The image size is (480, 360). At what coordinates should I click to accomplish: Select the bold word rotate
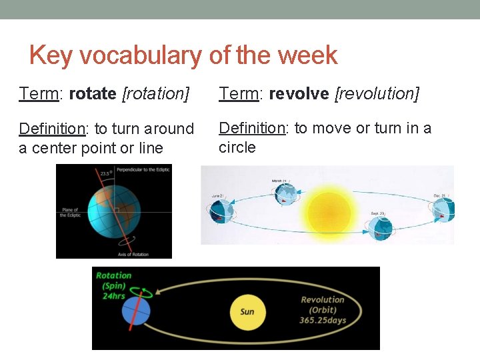click(x=93, y=94)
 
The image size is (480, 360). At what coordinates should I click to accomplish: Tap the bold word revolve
click(x=298, y=94)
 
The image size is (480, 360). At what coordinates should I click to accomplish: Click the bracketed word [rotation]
click(x=156, y=94)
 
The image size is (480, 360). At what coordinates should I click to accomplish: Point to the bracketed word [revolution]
click(x=377, y=94)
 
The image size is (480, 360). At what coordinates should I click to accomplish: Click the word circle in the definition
click(x=237, y=147)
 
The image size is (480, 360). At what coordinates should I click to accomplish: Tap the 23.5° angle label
click(x=105, y=173)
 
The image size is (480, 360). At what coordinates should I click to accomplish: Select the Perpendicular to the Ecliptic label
click(x=143, y=170)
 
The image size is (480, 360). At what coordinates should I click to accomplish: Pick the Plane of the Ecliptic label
click(x=69, y=213)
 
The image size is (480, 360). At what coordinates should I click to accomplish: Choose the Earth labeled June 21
click(x=223, y=209)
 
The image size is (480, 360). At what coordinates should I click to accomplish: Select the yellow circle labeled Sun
click(x=247, y=312)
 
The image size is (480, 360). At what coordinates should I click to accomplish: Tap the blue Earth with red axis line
click(x=136, y=311)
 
